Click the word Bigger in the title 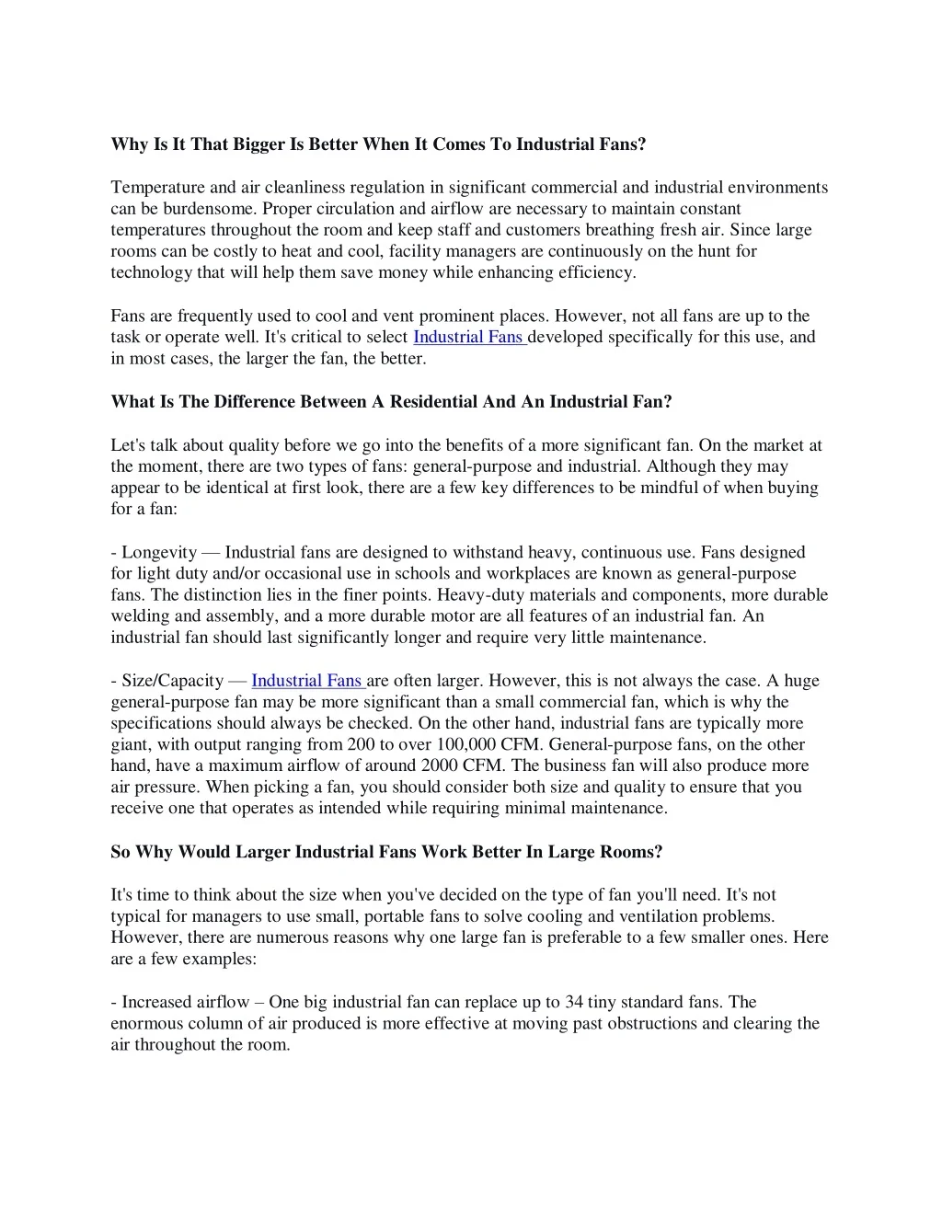(258, 144)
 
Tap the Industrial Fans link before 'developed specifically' (468, 338)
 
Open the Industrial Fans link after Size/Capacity (307, 681)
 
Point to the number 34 (575, 1003)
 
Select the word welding (140, 616)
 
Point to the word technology (151, 273)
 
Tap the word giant (130, 745)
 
